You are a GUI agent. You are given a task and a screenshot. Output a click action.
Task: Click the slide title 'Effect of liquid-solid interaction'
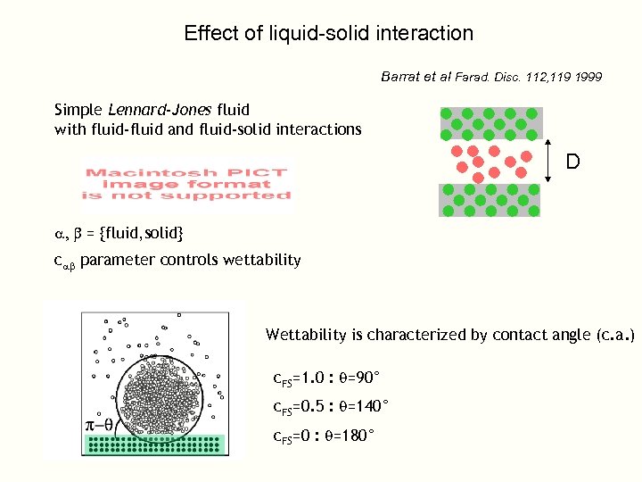click(x=328, y=34)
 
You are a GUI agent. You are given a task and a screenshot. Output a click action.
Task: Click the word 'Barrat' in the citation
click(x=402, y=77)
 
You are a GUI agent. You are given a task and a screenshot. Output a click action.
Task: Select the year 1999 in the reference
click(x=588, y=78)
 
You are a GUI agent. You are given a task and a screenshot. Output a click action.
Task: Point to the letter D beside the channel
click(x=572, y=162)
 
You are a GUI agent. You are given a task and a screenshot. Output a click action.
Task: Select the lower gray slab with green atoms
click(x=490, y=200)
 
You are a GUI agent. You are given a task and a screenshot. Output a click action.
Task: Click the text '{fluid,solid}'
click(x=142, y=233)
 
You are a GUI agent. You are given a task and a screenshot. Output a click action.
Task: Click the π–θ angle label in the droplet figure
click(x=98, y=425)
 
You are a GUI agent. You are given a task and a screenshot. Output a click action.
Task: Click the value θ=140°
click(x=361, y=407)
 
